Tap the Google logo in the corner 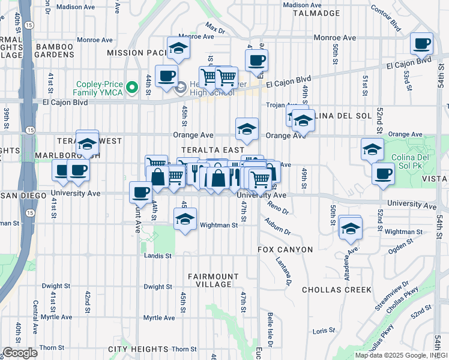tap(20, 353)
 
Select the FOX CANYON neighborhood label tap(285, 249)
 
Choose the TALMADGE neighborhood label tap(316, 13)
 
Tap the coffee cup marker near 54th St tap(421, 44)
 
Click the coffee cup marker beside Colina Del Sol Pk tap(382, 174)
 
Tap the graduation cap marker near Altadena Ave tap(351, 227)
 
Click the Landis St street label tap(158, 255)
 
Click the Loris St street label tap(324, 330)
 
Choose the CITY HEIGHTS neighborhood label tap(138, 349)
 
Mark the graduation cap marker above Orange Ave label tap(246, 128)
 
